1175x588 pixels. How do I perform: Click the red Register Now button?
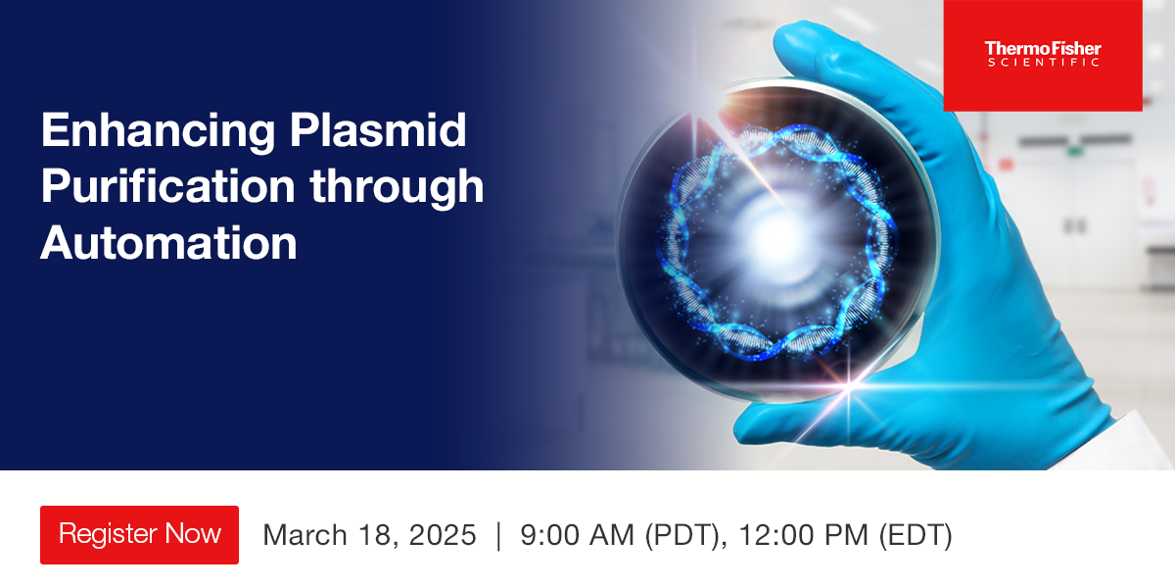(139, 535)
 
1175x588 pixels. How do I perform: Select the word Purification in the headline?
(167, 186)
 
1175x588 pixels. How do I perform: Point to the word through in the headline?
(397, 186)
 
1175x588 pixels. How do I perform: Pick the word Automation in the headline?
(167, 241)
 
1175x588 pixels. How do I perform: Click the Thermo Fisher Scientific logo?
(1042, 55)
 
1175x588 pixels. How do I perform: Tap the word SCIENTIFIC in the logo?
(1042, 63)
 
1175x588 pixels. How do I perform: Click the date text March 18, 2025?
(369, 535)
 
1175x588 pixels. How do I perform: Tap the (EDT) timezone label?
(915, 535)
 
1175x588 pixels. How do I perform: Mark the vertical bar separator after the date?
(498, 535)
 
